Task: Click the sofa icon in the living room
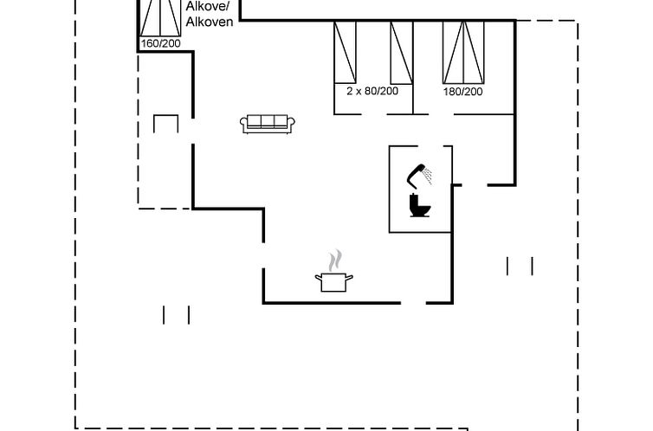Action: (x=268, y=124)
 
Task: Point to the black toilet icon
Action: (x=420, y=205)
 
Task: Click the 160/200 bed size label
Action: (x=161, y=43)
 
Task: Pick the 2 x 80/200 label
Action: (x=372, y=91)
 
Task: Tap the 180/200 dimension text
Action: (x=462, y=92)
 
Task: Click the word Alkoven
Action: (x=210, y=22)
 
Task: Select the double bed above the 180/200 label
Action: (x=463, y=53)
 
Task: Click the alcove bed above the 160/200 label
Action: (x=160, y=18)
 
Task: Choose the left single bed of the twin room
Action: (x=345, y=53)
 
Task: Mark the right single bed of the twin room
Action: (x=402, y=53)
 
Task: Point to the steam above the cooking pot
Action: (x=335, y=261)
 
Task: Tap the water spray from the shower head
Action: (x=428, y=176)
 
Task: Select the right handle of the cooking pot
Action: (x=349, y=278)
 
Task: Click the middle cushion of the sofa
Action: (x=268, y=121)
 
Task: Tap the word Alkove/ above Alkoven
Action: (x=207, y=7)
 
